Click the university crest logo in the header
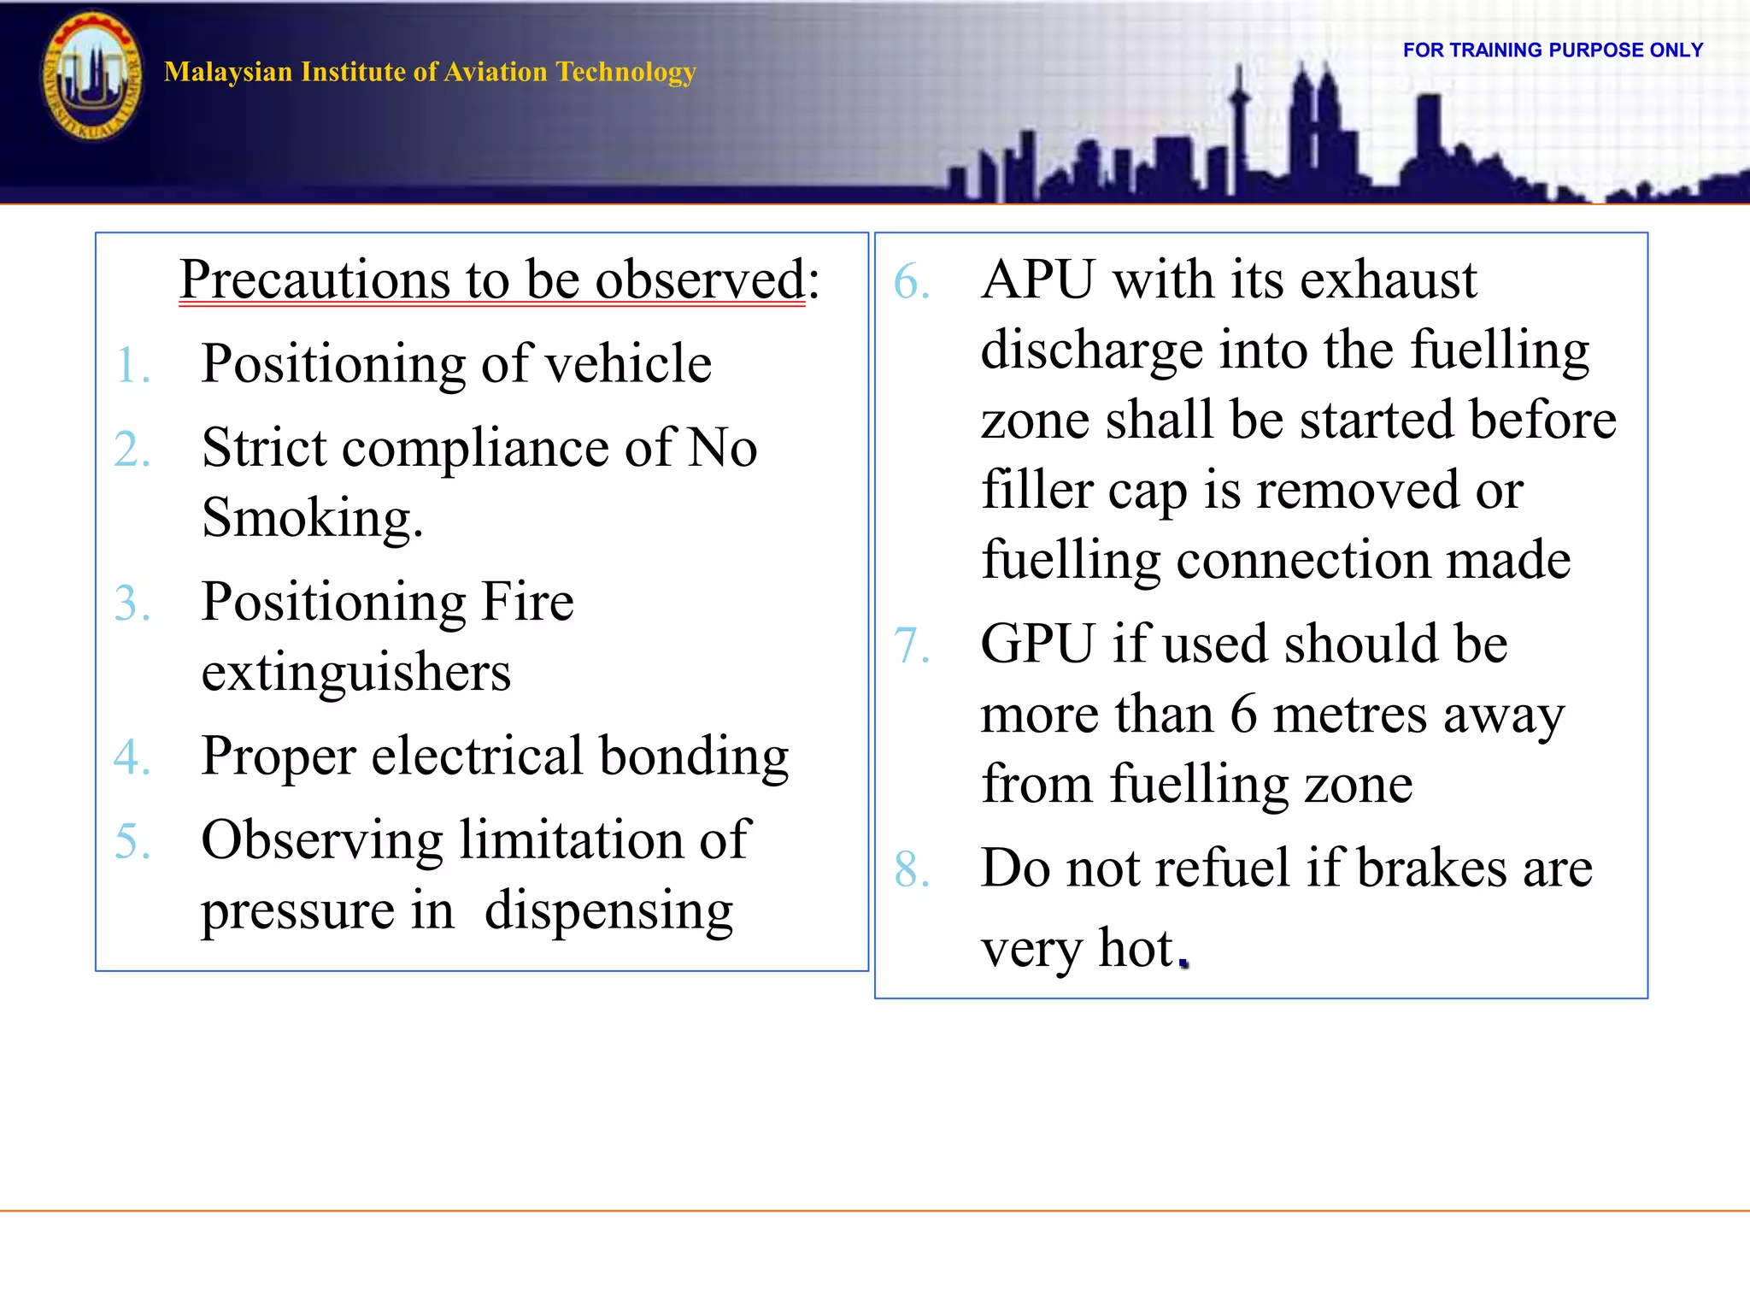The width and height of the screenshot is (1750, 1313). (x=91, y=76)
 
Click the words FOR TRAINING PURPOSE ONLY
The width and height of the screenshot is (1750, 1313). (x=1553, y=50)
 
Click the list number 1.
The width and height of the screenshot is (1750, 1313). (x=132, y=366)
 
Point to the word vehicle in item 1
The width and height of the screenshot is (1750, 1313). (x=628, y=364)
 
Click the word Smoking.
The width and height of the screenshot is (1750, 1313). (x=312, y=518)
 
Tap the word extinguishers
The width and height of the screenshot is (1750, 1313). (x=355, y=672)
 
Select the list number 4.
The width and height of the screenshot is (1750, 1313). (x=132, y=757)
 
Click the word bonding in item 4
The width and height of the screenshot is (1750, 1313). (x=694, y=757)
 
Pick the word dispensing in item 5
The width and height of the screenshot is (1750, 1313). (x=608, y=910)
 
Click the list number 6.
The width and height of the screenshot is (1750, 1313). (x=911, y=282)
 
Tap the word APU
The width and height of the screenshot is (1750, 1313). (x=1037, y=280)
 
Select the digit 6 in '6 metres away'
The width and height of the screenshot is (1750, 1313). (x=1243, y=715)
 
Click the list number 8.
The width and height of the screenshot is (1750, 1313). (x=911, y=870)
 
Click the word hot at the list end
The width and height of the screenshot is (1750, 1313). (x=1136, y=949)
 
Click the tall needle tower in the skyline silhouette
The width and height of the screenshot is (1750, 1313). (x=1239, y=128)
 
